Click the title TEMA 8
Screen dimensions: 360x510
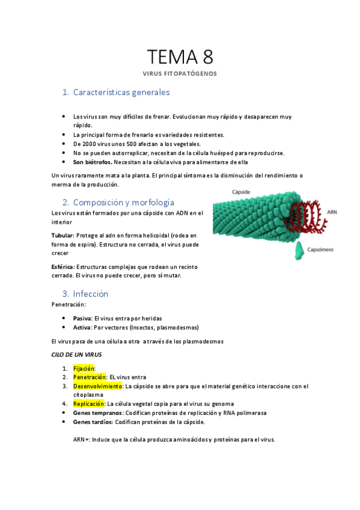click(x=180, y=57)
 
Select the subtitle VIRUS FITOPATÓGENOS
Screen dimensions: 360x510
click(x=180, y=74)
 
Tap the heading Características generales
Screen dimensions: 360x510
click(x=121, y=93)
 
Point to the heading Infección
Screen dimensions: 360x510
click(x=90, y=294)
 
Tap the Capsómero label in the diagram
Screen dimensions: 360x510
click(x=320, y=249)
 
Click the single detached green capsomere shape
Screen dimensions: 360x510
click(x=299, y=251)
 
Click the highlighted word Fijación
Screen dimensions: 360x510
click(x=84, y=369)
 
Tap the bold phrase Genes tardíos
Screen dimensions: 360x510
click(x=93, y=422)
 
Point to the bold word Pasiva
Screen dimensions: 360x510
click(x=82, y=318)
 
